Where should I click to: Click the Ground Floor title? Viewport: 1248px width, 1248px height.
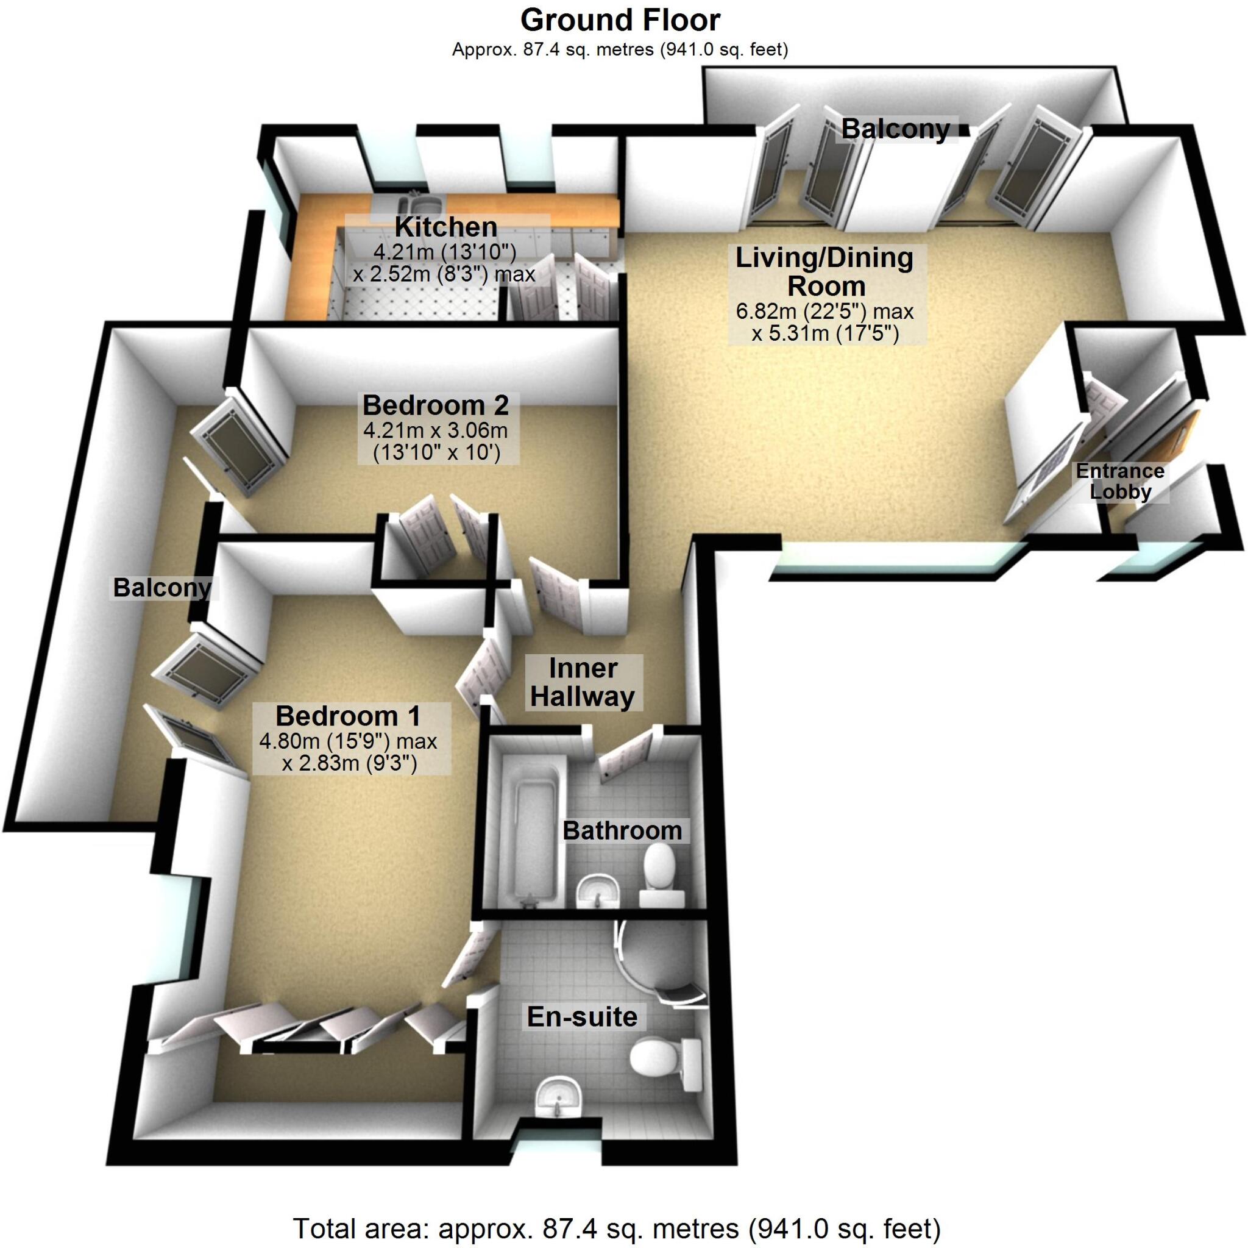click(620, 21)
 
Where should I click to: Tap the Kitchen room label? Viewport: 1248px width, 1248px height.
click(445, 227)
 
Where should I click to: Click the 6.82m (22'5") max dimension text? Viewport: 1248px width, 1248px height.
click(825, 312)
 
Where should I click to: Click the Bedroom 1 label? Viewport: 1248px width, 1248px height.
click(348, 716)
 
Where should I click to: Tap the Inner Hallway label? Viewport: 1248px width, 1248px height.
click(583, 682)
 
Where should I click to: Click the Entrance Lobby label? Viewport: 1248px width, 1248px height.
click(1119, 482)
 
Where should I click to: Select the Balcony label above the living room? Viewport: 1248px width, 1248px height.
click(895, 129)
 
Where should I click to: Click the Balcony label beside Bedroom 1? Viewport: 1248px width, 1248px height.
click(162, 588)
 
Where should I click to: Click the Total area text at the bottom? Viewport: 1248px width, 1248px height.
click(616, 1227)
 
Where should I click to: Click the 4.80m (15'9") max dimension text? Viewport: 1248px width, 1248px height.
click(348, 741)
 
